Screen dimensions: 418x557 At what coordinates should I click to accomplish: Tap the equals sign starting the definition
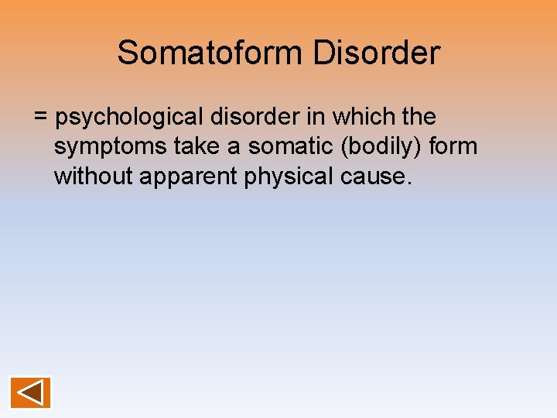click(x=42, y=118)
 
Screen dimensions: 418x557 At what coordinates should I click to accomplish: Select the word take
click(x=187, y=147)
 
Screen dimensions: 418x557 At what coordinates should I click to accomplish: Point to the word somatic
click(x=290, y=147)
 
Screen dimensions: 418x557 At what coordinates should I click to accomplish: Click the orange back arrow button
click(x=31, y=392)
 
